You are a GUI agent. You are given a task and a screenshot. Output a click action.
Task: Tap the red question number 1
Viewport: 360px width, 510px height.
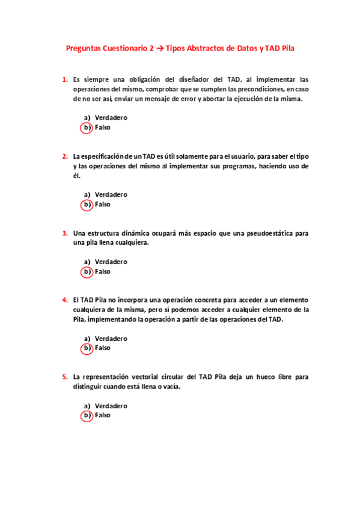(64, 79)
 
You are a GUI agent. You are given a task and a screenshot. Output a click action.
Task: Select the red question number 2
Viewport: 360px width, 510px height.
(64, 156)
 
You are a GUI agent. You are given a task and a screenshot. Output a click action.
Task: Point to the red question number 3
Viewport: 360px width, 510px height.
(64, 233)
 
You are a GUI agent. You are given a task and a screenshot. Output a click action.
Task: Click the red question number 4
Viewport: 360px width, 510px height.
(64, 300)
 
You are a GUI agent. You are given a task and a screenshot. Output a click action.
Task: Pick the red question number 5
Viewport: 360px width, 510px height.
(64, 377)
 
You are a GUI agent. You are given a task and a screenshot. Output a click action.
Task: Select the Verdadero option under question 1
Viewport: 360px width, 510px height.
(111, 118)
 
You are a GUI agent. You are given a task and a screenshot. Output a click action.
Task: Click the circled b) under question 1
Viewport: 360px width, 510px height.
(87, 127)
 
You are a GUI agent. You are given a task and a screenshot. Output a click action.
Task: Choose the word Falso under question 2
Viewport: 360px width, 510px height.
(103, 204)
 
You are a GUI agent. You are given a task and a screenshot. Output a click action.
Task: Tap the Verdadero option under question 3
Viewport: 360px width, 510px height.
(111, 262)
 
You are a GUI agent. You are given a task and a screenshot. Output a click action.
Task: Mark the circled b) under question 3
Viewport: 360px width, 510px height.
(87, 272)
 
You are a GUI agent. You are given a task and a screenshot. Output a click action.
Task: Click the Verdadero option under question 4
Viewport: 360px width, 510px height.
(111, 339)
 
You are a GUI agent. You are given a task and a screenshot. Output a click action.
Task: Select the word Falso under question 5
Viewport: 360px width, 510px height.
(103, 416)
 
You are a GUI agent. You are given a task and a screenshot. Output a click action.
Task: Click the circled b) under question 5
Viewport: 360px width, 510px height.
(87, 416)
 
